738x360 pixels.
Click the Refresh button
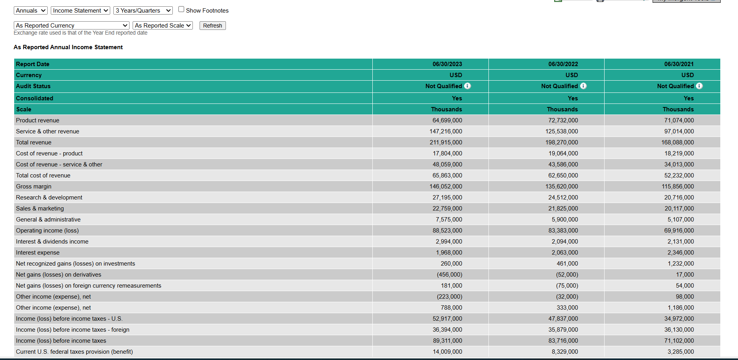(x=213, y=26)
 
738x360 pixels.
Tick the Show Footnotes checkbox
(x=181, y=9)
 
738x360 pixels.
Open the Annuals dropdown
(x=31, y=11)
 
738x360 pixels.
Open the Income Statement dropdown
(x=80, y=11)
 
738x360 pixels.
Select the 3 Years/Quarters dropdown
(x=143, y=11)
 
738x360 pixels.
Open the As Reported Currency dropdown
(x=72, y=26)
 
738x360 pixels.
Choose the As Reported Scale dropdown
(x=163, y=26)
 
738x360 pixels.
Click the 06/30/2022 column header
(x=563, y=64)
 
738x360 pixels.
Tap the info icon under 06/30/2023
(x=467, y=86)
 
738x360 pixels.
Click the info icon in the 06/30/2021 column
(x=699, y=86)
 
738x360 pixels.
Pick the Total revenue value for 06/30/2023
(x=446, y=142)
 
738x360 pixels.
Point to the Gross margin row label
(x=34, y=186)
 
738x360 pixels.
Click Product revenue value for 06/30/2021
(x=679, y=120)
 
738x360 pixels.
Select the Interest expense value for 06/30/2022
(x=565, y=253)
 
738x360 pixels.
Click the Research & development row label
(x=49, y=198)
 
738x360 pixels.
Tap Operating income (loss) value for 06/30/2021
(x=679, y=231)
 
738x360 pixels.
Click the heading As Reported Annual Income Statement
(x=68, y=47)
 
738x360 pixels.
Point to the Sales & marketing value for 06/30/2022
(x=563, y=209)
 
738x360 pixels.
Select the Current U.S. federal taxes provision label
(x=74, y=352)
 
